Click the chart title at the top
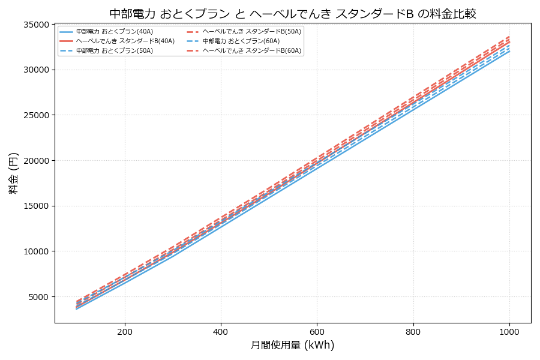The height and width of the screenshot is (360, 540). coord(293,13)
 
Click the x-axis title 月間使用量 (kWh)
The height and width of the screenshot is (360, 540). coord(292,345)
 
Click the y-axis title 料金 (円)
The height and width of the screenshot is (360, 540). coord(13,173)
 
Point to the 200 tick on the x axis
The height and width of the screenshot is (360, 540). coord(125,331)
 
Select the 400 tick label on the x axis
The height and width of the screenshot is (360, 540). coord(221,331)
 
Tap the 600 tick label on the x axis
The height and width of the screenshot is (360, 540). coord(317,331)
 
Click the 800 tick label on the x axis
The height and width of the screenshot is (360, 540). coord(413,331)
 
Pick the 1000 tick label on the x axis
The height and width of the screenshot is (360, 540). coord(509,331)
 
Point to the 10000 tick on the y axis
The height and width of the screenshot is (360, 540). coord(35,251)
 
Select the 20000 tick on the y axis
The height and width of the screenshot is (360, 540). coord(35,161)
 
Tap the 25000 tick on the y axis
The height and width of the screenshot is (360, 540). coord(35,115)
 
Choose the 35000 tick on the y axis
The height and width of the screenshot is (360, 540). coord(35,25)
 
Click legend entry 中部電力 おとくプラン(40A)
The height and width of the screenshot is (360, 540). coord(114,31)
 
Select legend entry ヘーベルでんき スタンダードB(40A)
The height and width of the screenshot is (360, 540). coord(125,41)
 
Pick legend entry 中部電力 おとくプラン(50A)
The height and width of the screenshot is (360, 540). coord(114,50)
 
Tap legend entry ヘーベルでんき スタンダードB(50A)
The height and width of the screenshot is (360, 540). coord(251,31)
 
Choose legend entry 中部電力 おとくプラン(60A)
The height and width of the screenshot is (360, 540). coord(241,41)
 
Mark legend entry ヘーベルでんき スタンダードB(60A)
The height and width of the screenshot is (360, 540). coord(251,50)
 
